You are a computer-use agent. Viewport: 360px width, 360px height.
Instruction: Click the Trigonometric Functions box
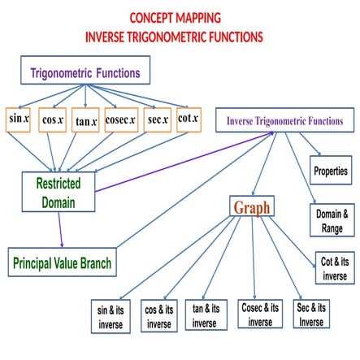(x=85, y=72)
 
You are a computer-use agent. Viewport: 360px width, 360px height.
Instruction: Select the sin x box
(x=19, y=119)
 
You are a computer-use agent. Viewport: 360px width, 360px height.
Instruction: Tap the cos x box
(x=53, y=120)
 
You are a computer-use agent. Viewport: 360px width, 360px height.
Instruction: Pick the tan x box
(x=86, y=121)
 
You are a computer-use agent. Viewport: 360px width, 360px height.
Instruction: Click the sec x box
(x=157, y=119)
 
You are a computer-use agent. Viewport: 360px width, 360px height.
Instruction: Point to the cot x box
(x=189, y=119)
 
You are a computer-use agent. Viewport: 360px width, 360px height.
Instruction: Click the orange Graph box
(x=252, y=206)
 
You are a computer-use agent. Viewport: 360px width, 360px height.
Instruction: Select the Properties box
(x=330, y=171)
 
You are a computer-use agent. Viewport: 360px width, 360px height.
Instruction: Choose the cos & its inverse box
(x=159, y=315)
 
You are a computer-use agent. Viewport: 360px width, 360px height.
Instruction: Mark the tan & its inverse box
(x=206, y=315)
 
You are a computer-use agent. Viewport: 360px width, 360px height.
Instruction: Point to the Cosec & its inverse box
(x=260, y=314)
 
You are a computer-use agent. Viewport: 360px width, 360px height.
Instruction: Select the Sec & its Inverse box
(x=311, y=314)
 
